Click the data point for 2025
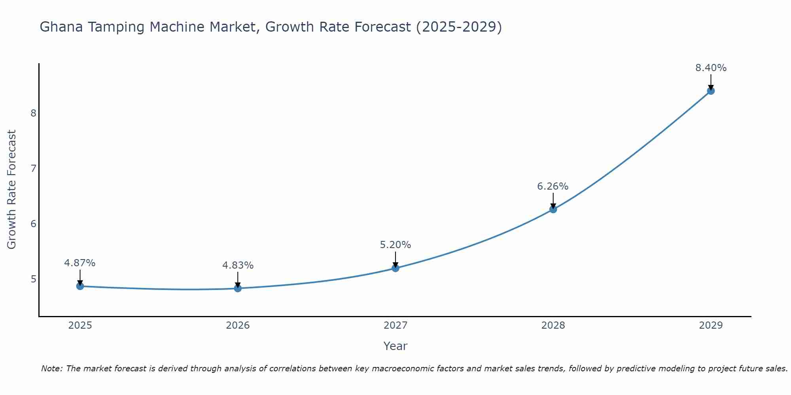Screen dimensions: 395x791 80,286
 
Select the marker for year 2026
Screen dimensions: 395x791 238,288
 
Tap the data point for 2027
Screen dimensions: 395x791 395,268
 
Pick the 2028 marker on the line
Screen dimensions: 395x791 553,209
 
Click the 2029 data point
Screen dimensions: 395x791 711,91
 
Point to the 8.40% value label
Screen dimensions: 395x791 711,68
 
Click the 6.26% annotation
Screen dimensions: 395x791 553,186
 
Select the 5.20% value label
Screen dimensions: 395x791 395,245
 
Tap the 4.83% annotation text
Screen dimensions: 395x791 238,265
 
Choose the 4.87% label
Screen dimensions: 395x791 80,263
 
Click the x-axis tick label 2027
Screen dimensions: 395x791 395,325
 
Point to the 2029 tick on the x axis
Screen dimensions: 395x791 711,325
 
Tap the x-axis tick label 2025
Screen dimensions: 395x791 80,325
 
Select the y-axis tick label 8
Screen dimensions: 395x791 33,113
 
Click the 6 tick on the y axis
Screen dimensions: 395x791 33,224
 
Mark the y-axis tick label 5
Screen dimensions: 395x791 33,279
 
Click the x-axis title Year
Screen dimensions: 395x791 395,346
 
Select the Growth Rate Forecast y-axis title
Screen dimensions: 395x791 12,190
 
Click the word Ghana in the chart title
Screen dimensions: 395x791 61,27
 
